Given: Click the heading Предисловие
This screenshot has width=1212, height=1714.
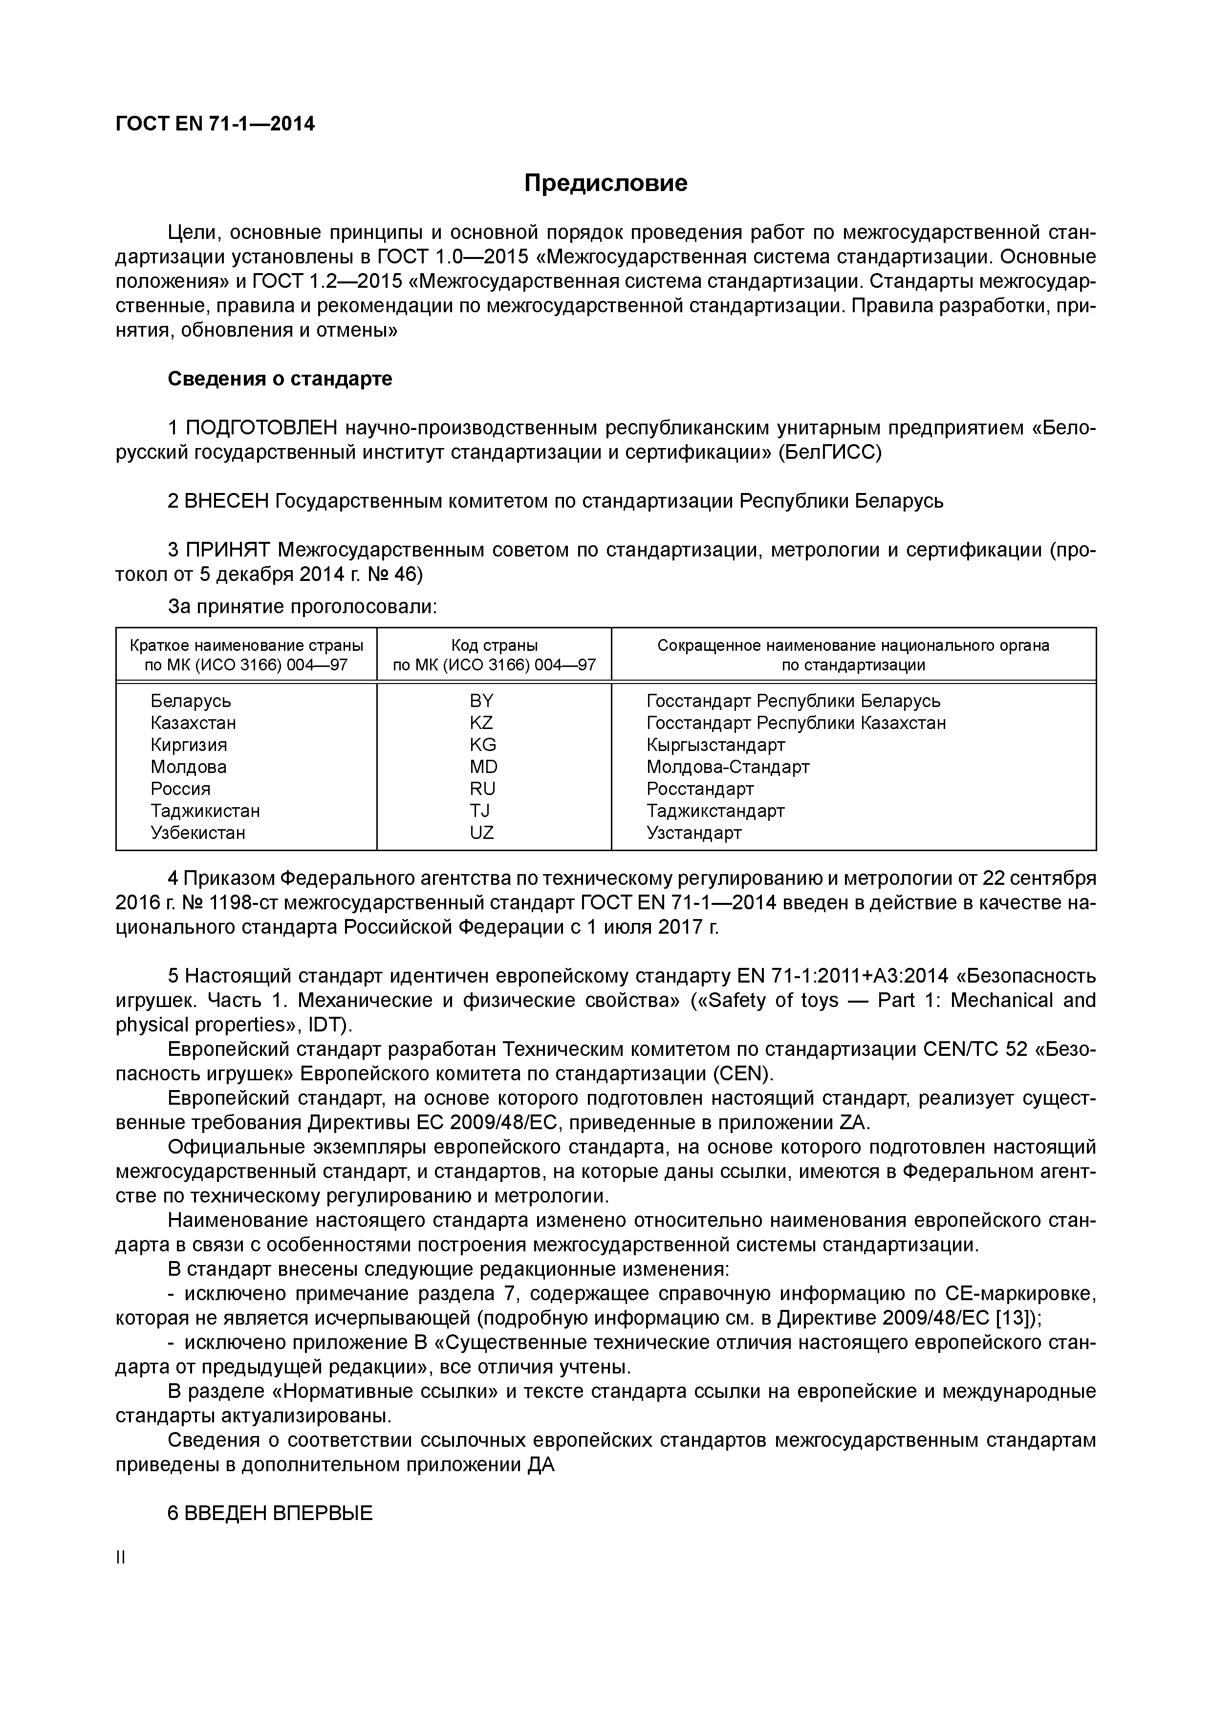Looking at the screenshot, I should (x=605, y=183).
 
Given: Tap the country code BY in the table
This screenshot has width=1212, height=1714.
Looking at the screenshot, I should (x=482, y=701).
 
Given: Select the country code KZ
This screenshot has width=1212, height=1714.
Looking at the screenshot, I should (x=482, y=723).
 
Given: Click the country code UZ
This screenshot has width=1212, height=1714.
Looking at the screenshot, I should (x=482, y=833).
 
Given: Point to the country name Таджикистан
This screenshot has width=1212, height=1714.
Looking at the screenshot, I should (x=205, y=811).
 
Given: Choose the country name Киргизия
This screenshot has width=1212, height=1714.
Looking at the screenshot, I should (x=189, y=745).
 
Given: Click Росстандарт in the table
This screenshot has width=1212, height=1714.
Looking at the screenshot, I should (x=700, y=789).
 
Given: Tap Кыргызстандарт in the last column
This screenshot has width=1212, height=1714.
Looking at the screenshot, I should (x=715, y=745).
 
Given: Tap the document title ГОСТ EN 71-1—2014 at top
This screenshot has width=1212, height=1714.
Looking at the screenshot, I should (x=215, y=124).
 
